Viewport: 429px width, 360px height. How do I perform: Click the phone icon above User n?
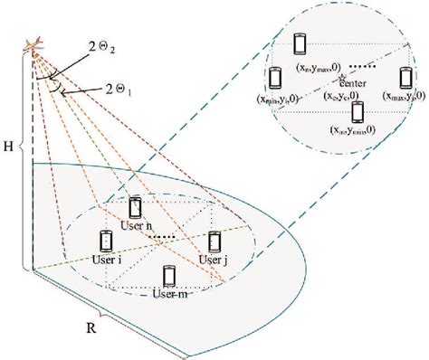coord(136,207)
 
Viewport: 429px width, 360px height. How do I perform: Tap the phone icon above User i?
coord(105,240)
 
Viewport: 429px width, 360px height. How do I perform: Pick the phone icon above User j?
coord(214,241)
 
